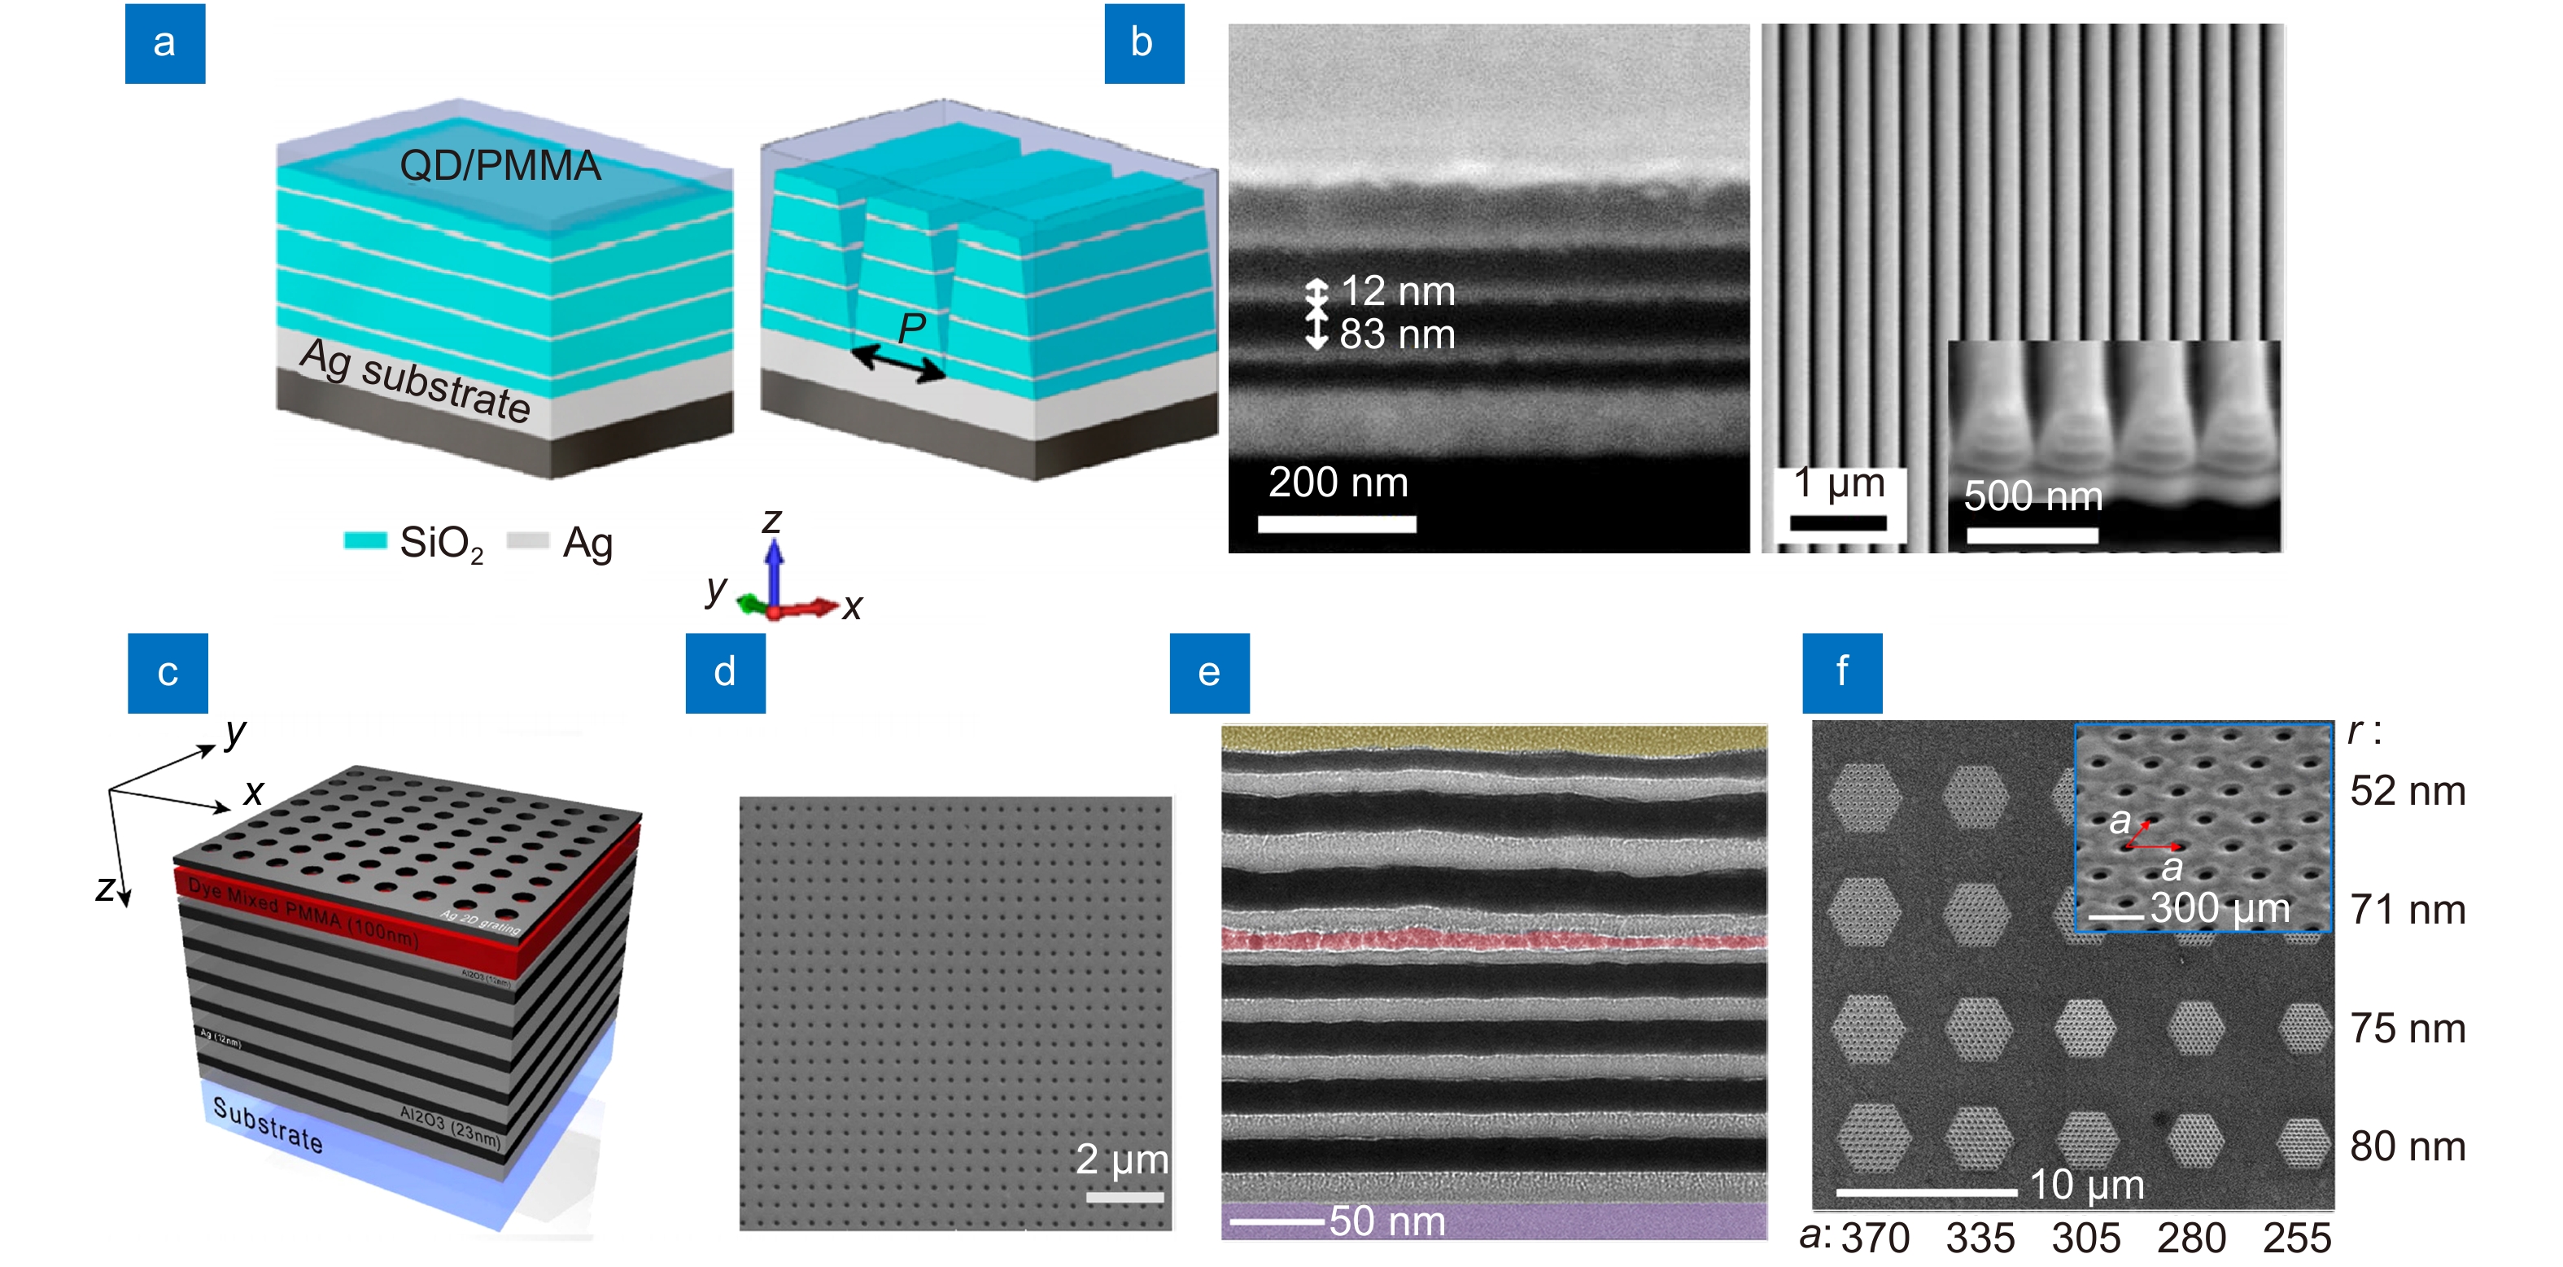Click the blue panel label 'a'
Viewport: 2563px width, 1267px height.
point(164,44)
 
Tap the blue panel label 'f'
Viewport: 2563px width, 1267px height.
point(1841,673)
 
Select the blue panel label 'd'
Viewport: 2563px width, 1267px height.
point(724,673)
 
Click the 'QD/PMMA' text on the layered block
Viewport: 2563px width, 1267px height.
point(500,165)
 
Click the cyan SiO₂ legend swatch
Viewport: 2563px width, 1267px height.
point(365,540)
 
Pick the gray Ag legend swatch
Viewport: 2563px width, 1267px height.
point(527,540)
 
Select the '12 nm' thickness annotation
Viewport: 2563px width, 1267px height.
point(1397,291)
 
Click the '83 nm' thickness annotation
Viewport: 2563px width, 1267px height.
point(1397,334)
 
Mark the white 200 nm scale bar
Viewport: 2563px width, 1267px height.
point(1336,523)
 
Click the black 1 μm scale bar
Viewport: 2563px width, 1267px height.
point(1838,522)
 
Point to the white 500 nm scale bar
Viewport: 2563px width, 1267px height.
point(2032,535)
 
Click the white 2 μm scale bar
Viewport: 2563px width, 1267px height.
point(1124,1197)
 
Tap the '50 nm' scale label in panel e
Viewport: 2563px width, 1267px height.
point(1387,1221)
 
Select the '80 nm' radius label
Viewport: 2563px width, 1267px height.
point(2407,1147)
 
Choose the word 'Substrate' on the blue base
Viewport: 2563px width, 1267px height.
point(268,1125)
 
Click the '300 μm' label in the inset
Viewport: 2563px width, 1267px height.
point(2220,907)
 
